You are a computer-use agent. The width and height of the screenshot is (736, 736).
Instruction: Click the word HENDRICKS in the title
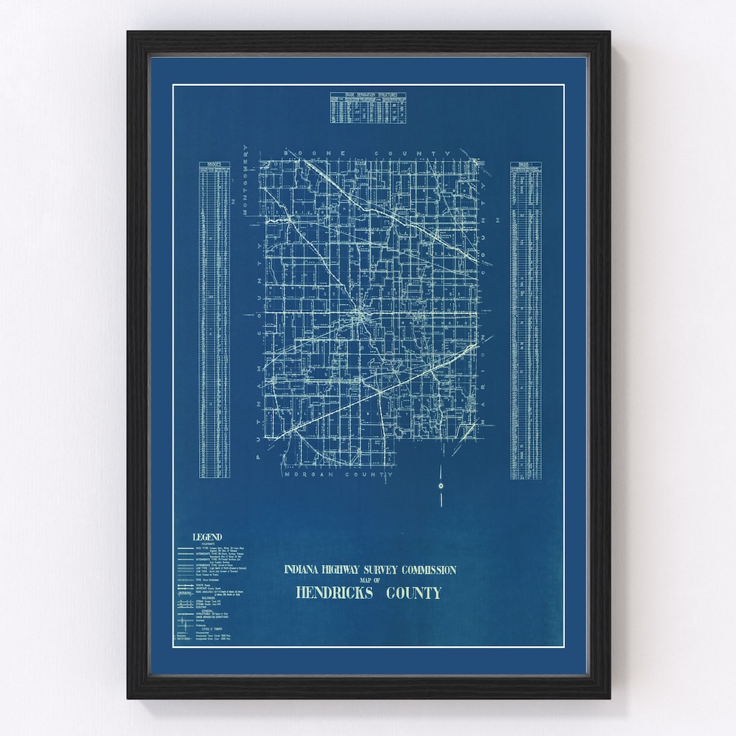click(x=335, y=593)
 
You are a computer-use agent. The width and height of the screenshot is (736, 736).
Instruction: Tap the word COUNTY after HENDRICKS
click(x=414, y=593)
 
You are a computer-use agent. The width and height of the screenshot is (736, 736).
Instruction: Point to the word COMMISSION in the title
click(x=428, y=570)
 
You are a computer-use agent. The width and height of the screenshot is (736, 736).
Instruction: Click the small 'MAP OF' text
click(x=369, y=581)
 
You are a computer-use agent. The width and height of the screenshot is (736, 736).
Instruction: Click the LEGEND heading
click(x=207, y=537)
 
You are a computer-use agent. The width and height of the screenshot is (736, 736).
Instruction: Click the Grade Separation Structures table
click(x=368, y=108)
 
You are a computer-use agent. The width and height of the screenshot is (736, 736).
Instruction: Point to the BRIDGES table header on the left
click(x=214, y=164)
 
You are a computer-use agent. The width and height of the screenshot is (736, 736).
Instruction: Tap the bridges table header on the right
click(x=525, y=164)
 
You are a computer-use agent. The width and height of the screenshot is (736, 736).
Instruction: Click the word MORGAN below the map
click(x=307, y=474)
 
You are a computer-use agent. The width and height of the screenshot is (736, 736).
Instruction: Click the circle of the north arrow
click(x=441, y=485)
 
